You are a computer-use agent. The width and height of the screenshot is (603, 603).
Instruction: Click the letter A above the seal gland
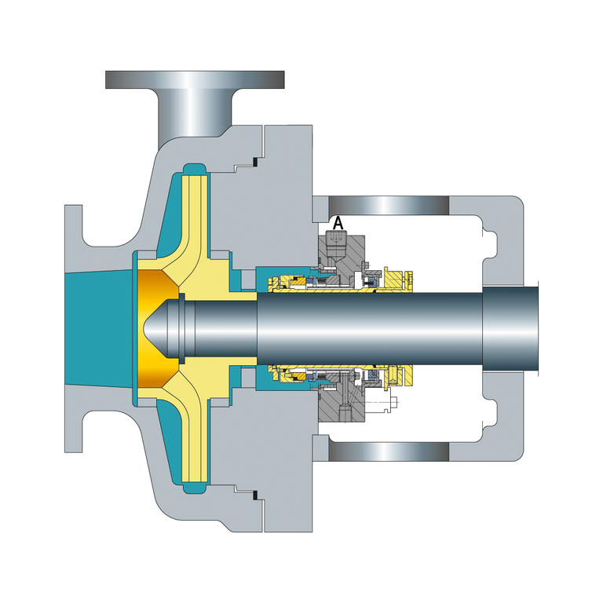[338, 223]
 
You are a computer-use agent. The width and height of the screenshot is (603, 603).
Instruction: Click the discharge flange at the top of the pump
[195, 79]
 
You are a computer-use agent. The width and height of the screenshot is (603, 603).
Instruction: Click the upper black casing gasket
[254, 162]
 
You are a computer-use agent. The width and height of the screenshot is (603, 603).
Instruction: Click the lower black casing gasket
[254, 495]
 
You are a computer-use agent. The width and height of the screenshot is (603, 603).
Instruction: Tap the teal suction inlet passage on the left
[98, 328]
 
